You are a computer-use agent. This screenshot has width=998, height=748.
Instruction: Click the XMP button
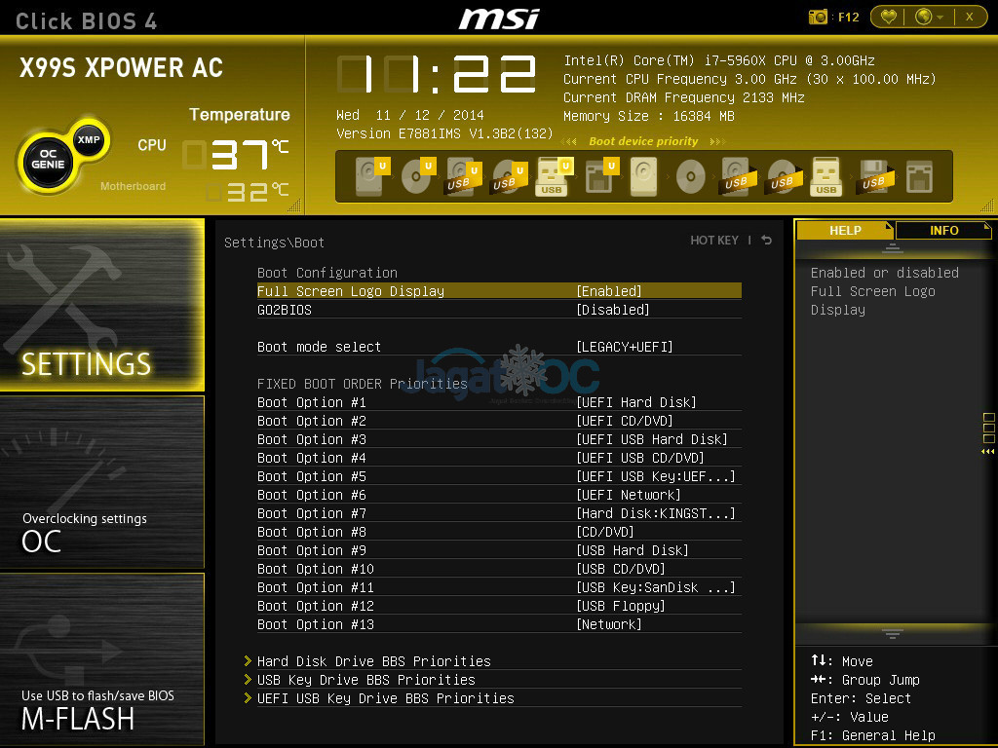[x=89, y=140]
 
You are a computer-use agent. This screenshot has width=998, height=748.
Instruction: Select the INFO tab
[x=943, y=230]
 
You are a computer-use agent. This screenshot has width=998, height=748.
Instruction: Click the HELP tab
[x=845, y=230]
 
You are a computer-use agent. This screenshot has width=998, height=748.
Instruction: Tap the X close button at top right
[x=970, y=18]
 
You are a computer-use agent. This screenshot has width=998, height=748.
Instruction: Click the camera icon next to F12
[x=818, y=18]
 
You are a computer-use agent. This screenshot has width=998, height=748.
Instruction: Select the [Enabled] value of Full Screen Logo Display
[x=609, y=291]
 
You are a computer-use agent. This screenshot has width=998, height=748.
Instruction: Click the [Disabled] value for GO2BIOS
[x=613, y=310]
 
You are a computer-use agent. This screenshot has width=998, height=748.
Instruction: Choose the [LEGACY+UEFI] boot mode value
[x=625, y=347]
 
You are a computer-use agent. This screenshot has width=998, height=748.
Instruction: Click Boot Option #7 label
[x=312, y=513]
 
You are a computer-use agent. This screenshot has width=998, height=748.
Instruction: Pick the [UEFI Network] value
[x=629, y=495]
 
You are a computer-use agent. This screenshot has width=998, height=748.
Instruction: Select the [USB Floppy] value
[x=621, y=606]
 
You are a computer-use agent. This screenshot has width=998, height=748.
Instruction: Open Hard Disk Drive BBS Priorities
[x=373, y=661]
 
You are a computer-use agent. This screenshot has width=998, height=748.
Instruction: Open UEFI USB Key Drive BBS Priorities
[x=386, y=698]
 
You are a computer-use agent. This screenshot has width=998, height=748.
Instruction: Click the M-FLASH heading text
[x=78, y=720]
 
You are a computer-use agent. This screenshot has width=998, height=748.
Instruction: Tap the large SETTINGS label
[x=87, y=364]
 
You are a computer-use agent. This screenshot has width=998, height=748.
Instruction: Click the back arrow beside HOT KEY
[x=767, y=240]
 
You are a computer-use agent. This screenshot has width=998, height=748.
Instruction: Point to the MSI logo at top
[x=499, y=19]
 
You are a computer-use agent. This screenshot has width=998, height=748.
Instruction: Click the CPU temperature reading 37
[x=240, y=155]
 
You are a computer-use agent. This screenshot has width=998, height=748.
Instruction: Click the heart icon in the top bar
[x=889, y=18]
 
